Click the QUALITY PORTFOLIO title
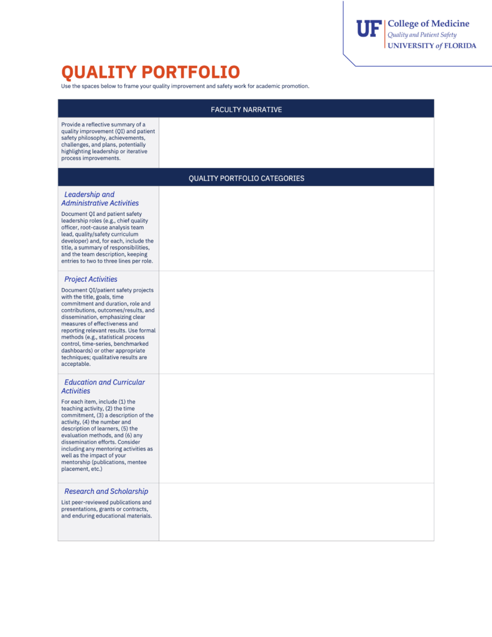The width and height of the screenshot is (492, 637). [x=150, y=72]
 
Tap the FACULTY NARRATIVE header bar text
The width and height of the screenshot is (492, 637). [x=246, y=109]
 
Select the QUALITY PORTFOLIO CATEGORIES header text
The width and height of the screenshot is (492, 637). [x=246, y=179]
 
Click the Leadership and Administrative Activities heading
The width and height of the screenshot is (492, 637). [x=100, y=198]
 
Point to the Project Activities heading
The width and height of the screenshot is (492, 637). [x=91, y=279]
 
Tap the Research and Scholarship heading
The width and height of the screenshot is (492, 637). [x=106, y=491]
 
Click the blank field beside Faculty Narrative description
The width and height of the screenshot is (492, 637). [x=296, y=142]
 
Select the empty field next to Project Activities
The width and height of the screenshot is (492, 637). [x=296, y=322]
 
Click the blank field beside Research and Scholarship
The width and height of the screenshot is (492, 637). [x=296, y=512]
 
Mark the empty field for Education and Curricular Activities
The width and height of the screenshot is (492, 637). [x=296, y=428]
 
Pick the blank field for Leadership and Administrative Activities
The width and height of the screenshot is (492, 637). [x=296, y=228]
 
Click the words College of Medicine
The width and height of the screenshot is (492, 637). [x=429, y=24]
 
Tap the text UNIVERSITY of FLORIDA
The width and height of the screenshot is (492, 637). [x=432, y=45]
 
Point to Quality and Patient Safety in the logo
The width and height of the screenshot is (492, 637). [x=422, y=35]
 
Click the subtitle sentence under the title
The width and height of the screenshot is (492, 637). [x=185, y=86]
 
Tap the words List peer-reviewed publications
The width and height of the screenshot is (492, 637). [x=106, y=503]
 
